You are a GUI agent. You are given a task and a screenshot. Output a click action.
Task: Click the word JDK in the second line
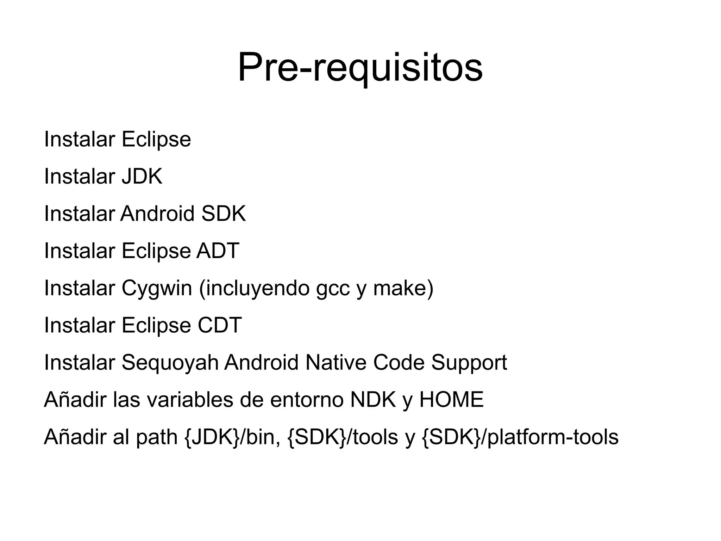coord(142,176)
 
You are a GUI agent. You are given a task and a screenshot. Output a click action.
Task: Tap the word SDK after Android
coord(224,214)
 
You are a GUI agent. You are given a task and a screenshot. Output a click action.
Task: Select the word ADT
coord(218,251)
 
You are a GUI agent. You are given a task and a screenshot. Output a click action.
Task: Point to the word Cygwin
coord(157,288)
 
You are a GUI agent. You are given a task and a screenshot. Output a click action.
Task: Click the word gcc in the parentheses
coord(333,288)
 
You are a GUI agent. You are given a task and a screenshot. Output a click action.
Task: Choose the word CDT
coord(220,325)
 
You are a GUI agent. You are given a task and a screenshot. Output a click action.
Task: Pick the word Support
coord(469,363)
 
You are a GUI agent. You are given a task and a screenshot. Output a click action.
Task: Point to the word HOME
coord(451,400)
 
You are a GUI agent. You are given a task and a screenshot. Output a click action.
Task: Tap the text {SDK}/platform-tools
coord(520,437)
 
